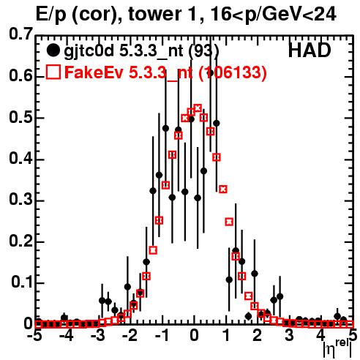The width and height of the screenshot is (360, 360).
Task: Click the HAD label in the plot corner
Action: pyautogui.click(x=310, y=50)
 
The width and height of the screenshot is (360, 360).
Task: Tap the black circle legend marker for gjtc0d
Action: pyautogui.click(x=53, y=50)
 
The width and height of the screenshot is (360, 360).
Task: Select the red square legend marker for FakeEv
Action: pyautogui.click(x=53, y=72)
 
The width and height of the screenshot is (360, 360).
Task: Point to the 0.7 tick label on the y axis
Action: pyautogui.click(x=21, y=34)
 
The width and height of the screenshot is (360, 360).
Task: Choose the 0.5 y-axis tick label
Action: pyautogui.click(x=21, y=117)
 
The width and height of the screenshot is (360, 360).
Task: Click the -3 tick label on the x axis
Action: pyautogui.click(x=98, y=336)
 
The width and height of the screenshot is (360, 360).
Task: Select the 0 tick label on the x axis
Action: pyautogui.click(x=194, y=336)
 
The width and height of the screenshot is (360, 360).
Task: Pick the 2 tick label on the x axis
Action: pyautogui.click(x=258, y=336)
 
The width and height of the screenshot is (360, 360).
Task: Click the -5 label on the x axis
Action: pyautogui.click(x=34, y=336)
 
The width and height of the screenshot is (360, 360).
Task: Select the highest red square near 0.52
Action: pyautogui.click(x=198, y=108)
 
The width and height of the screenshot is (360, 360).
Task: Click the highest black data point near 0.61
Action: pyautogui.click(x=210, y=72)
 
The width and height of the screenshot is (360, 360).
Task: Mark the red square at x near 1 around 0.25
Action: pyautogui.click(x=229, y=222)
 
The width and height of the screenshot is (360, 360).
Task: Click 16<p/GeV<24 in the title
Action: pyautogui.click(x=273, y=15)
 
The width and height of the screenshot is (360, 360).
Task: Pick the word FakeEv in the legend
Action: pyautogui.click(x=94, y=72)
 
